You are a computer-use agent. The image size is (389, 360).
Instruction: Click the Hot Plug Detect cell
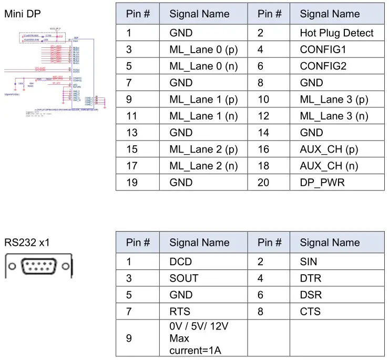click(x=336, y=33)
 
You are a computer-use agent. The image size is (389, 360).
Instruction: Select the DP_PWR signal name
click(x=321, y=183)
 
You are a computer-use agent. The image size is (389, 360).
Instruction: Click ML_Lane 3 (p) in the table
click(x=334, y=99)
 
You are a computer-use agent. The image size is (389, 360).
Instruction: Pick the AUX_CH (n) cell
click(x=329, y=166)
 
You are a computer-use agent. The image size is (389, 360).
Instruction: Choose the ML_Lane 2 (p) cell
click(x=203, y=149)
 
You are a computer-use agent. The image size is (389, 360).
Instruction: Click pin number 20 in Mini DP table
click(x=264, y=183)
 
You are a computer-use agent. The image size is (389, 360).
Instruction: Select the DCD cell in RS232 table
click(x=181, y=262)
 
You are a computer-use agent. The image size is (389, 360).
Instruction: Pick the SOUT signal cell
click(x=184, y=278)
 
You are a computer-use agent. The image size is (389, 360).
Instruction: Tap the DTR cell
click(x=310, y=278)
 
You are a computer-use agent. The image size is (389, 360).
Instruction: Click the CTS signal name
click(x=310, y=311)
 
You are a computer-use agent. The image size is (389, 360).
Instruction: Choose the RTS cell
click(x=180, y=311)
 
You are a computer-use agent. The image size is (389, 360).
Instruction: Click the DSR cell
click(x=310, y=295)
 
